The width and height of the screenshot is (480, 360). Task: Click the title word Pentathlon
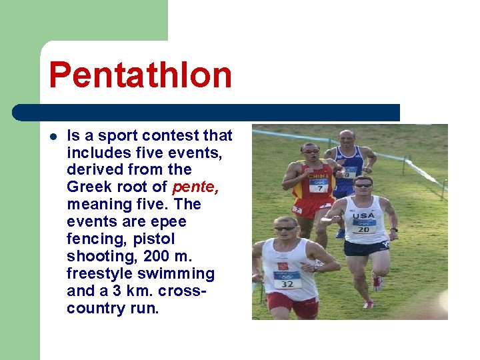(x=140, y=75)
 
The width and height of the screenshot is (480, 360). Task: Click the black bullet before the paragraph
(x=53, y=137)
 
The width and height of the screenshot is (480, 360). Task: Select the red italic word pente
(x=194, y=187)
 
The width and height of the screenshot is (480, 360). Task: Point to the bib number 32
(x=287, y=283)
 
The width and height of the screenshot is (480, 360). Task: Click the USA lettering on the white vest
(x=364, y=215)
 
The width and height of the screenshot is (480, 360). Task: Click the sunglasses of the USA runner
(x=363, y=186)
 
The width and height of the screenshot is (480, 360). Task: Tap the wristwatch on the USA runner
(x=394, y=229)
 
